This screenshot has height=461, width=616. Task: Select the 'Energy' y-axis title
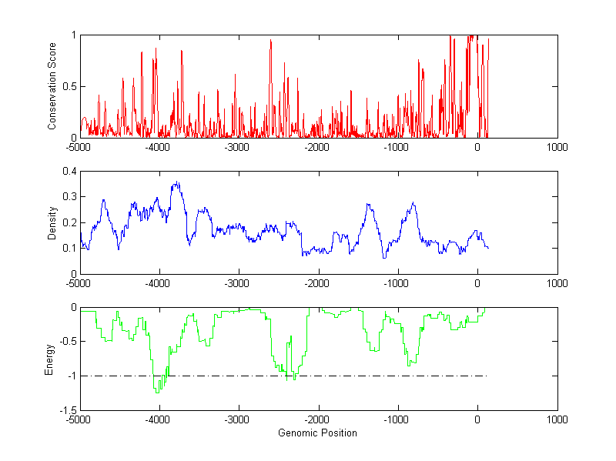click(x=49, y=359)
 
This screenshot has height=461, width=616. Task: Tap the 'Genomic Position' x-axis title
click(x=317, y=433)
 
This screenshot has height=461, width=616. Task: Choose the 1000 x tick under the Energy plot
click(x=557, y=419)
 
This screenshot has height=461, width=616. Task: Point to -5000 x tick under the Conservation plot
click(x=79, y=147)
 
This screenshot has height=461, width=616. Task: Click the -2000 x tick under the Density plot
click(x=318, y=283)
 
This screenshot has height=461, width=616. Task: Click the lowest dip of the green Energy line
click(x=157, y=393)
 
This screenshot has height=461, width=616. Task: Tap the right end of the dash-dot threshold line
click(x=487, y=376)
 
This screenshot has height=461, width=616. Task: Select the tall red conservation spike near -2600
click(x=271, y=40)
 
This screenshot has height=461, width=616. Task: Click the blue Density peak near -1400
click(x=368, y=204)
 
